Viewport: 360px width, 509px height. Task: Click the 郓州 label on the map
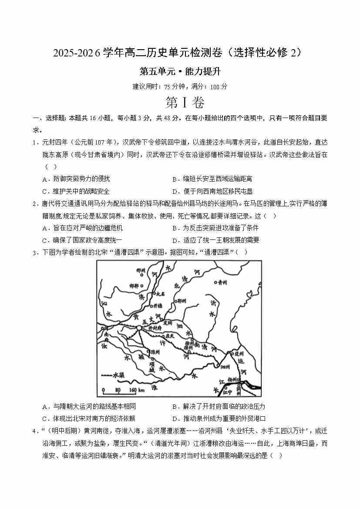(179, 301)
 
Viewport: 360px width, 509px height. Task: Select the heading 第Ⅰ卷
(179, 103)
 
